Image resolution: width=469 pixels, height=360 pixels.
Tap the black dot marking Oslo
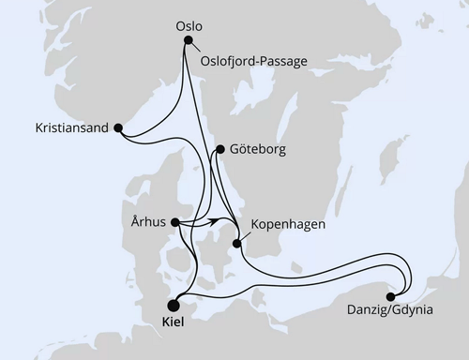tap(189, 40)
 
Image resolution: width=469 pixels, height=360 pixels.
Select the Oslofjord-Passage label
tap(253, 61)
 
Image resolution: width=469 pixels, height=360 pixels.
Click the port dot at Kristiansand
tap(117, 130)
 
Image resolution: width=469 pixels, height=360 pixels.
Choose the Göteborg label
tap(256, 148)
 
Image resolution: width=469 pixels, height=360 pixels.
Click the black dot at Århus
tap(177, 222)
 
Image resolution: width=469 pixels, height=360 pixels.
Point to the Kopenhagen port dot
tap(237, 245)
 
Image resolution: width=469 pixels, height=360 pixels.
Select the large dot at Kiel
tap(174, 304)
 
